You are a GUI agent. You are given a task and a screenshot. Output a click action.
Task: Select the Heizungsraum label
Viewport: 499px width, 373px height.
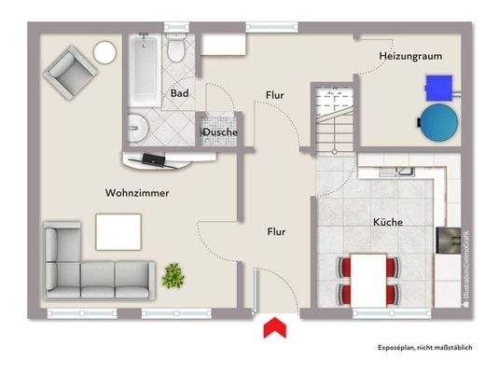(x=409, y=57)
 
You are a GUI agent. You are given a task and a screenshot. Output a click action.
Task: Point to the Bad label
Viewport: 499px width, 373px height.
(x=180, y=93)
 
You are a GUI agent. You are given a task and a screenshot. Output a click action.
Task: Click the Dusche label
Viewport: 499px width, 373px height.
(x=219, y=132)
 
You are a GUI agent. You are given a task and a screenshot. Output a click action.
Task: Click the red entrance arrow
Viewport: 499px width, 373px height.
(x=274, y=328)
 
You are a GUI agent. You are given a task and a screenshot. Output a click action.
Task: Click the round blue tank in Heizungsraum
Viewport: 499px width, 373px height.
(x=437, y=120)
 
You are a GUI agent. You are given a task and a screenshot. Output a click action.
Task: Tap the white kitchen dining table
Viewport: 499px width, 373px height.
(x=370, y=278)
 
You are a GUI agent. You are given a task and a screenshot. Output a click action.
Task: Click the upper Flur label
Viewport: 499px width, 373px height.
(x=274, y=94)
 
